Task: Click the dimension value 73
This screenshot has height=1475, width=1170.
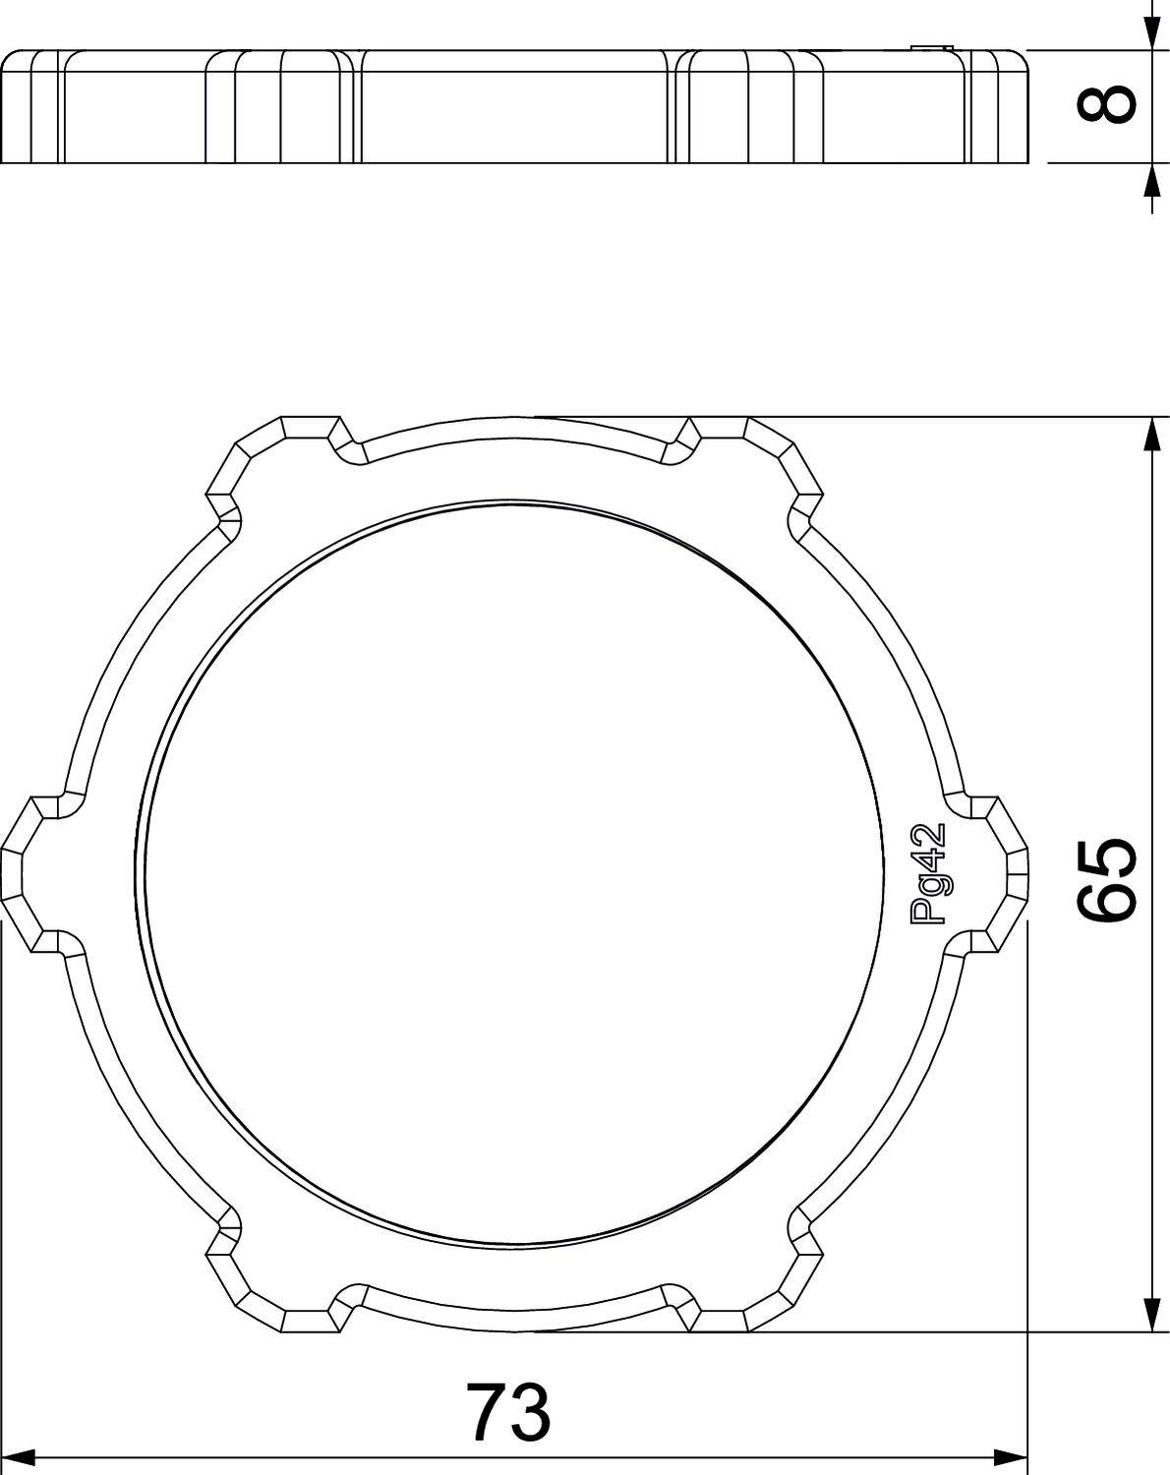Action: point(507,1412)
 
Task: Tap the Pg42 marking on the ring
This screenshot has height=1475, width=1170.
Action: point(927,873)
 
